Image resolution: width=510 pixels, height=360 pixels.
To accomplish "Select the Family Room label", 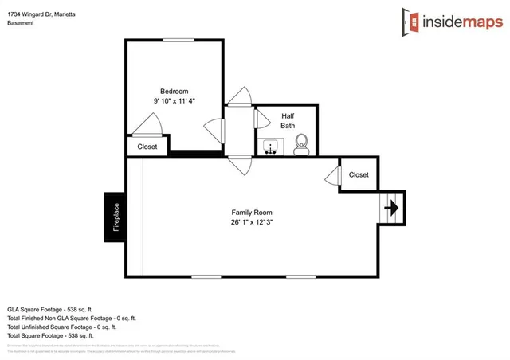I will tap(252, 212).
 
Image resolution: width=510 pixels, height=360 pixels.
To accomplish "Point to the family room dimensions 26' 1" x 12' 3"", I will tap(252, 222).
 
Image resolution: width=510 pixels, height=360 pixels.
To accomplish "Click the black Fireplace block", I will tap(115, 217).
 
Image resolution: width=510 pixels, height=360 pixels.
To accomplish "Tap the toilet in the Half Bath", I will tap(300, 144).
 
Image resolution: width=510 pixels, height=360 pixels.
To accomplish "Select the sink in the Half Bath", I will tap(270, 147).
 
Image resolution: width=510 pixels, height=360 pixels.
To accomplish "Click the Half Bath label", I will tap(288, 120).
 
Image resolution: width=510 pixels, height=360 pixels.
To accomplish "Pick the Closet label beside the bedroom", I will tap(147, 147).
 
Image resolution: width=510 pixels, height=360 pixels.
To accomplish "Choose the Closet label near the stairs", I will tap(359, 174).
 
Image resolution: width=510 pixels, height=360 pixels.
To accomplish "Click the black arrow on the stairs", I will tap(391, 208).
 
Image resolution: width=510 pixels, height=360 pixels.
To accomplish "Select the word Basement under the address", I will tap(22, 22).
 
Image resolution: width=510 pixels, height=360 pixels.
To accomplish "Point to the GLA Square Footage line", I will tap(50, 307).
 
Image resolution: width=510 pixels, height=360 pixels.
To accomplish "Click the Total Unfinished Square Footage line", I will tap(62, 327).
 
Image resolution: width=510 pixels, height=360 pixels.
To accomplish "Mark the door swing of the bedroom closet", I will tap(149, 124).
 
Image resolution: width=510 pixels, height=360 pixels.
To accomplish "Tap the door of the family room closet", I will tap(332, 174).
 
